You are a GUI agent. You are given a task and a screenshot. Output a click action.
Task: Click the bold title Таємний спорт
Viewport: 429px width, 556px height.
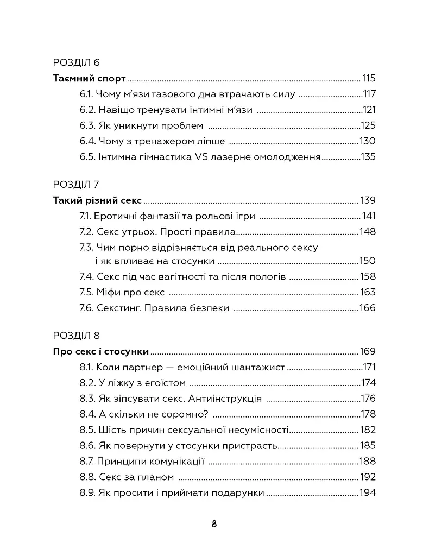click(x=90, y=78)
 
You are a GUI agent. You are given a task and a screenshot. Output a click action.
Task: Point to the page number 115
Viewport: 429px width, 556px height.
click(x=369, y=78)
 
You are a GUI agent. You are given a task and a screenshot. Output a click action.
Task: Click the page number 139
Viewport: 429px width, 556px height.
click(x=368, y=200)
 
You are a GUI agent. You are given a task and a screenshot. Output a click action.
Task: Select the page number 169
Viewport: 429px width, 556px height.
click(x=368, y=351)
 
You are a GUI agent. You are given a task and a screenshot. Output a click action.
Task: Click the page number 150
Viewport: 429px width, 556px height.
click(x=368, y=261)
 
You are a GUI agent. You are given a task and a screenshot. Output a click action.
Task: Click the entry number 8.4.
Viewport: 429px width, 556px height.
click(x=88, y=414)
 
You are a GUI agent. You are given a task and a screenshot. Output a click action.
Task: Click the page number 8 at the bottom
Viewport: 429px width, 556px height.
click(x=214, y=525)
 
